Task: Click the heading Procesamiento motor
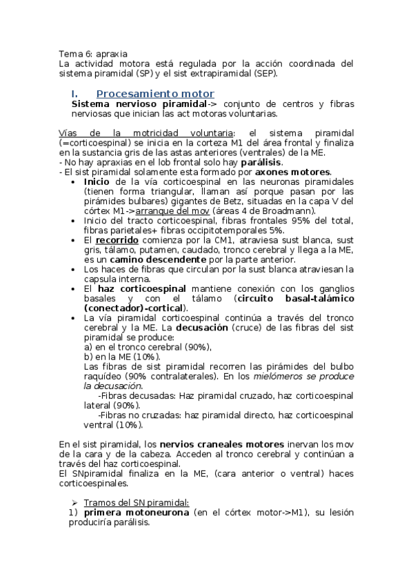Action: [155, 93]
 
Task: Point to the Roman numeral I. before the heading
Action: [75, 93]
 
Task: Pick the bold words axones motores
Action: [294, 172]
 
